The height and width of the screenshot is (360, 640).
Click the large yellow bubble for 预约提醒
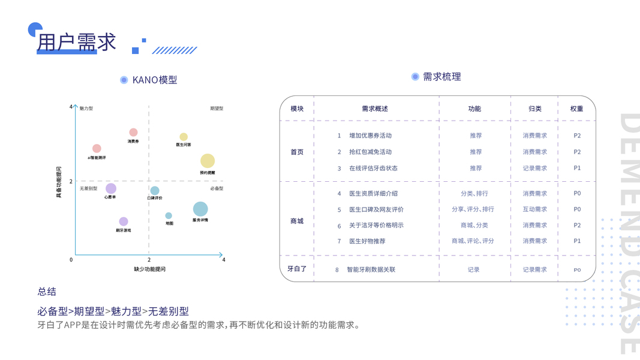tap(208, 161)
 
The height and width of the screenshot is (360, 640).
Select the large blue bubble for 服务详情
tap(200, 209)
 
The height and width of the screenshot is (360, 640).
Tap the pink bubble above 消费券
tap(133, 132)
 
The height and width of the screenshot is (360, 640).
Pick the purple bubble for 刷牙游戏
tap(124, 221)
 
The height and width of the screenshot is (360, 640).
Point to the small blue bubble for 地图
tap(169, 215)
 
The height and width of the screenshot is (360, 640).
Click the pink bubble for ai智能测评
tap(97, 148)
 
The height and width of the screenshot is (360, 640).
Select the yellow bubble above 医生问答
tap(184, 137)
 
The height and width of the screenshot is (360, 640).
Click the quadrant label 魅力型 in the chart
tap(86, 109)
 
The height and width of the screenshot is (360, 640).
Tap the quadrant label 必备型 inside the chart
tap(217, 188)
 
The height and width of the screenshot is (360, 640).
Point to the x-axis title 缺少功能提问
tap(149, 269)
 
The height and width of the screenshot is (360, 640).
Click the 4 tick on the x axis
tap(224, 260)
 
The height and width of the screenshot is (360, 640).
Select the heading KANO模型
tap(155, 80)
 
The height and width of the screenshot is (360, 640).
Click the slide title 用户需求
tap(77, 42)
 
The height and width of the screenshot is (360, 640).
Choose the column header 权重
tap(576, 109)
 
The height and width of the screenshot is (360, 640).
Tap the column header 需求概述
tap(375, 109)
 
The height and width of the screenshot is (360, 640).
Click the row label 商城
tap(297, 221)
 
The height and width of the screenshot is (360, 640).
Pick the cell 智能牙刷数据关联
tap(371, 269)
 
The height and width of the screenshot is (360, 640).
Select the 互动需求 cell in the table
tap(534, 209)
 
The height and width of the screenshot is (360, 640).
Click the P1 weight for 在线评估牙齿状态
tap(577, 168)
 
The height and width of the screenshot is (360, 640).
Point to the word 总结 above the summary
tap(47, 292)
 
